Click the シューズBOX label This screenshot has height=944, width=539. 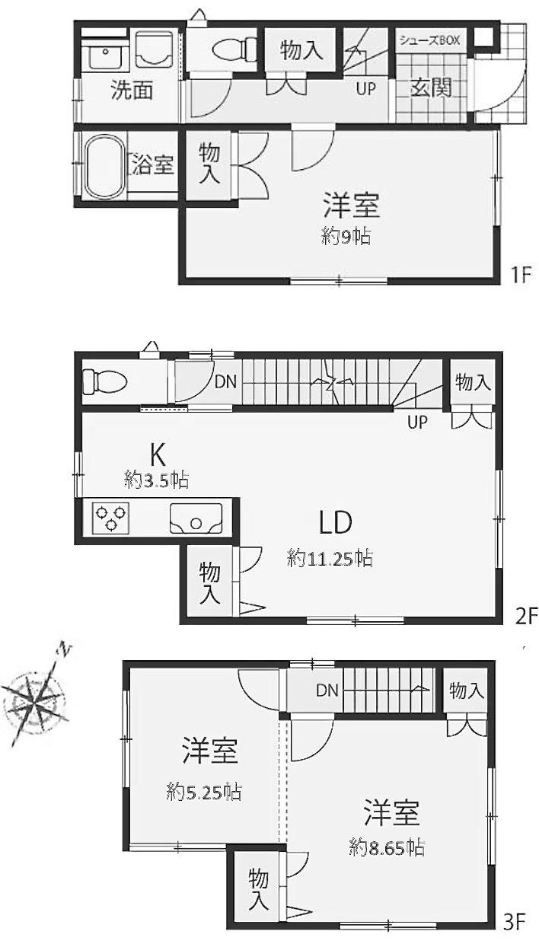[x=429, y=40]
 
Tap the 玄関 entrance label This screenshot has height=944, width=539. [x=431, y=88]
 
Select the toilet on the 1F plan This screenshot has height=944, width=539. [x=234, y=49]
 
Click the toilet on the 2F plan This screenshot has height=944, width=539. [x=105, y=382]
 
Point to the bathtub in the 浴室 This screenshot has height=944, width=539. [x=104, y=166]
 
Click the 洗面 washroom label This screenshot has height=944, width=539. [x=132, y=90]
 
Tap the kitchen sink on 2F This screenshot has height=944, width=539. [x=196, y=518]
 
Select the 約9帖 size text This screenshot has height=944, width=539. [x=346, y=238]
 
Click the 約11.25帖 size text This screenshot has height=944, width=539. [x=330, y=559]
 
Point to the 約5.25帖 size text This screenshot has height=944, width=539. [x=203, y=793]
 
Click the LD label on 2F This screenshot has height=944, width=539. [x=335, y=522]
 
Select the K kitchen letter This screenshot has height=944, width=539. [x=157, y=455]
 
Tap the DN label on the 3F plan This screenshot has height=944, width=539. [x=327, y=690]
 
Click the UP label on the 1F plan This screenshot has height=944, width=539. [x=365, y=89]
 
